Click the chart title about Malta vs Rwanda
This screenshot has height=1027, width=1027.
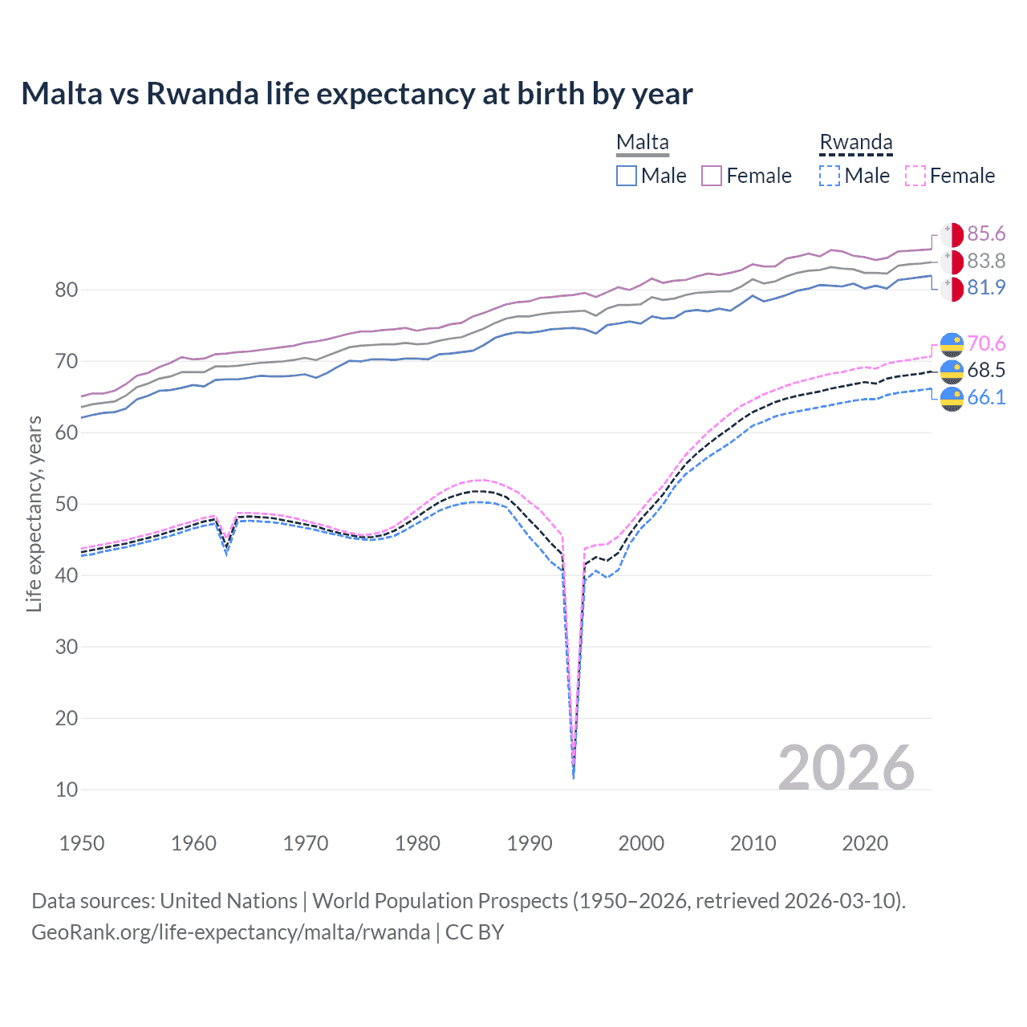click(x=356, y=94)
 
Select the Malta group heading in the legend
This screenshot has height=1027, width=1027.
click(x=642, y=142)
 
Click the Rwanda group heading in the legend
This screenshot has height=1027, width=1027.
click(x=855, y=142)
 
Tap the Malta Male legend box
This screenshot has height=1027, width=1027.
click(x=627, y=176)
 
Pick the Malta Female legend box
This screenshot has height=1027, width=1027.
click(x=712, y=176)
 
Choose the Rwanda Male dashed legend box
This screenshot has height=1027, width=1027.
click(x=830, y=176)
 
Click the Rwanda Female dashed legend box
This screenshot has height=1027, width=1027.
click(x=915, y=176)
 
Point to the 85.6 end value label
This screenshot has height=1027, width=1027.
click(x=986, y=233)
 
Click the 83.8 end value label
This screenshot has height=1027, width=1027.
click(x=986, y=261)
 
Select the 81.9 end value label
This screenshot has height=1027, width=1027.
click(x=986, y=287)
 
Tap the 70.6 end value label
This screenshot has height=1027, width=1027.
click(x=986, y=343)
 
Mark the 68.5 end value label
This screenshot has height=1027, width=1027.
click(x=986, y=370)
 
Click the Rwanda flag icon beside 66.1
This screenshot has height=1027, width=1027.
click(x=952, y=398)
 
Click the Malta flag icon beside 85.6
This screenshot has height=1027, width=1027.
click(x=952, y=234)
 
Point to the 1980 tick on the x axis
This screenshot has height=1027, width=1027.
click(x=417, y=843)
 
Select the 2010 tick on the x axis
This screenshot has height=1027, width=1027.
click(x=753, y=843)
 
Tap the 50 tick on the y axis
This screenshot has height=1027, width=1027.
click(x=67, y=504)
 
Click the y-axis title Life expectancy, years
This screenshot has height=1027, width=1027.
click(x=34, y=513)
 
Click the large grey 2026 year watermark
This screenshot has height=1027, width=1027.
click(x=846, y=768)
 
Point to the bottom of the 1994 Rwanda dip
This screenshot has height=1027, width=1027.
click(x=573, y=777)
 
